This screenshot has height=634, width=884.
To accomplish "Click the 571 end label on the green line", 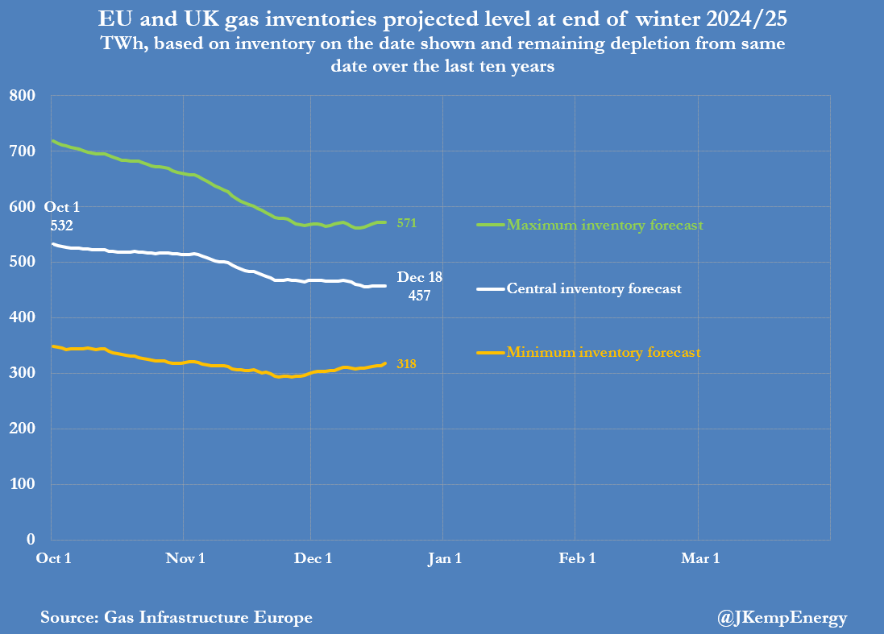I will [407, 223].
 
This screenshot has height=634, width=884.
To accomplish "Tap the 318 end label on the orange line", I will [407, 365].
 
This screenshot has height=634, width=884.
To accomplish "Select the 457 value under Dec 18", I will [419, 296].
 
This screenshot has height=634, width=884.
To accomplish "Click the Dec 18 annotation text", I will [421, 277].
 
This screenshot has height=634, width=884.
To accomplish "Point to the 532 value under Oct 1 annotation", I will [61, 226].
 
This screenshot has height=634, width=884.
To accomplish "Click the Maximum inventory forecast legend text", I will [604, 225].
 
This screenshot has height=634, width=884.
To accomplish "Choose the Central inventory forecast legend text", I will [593, 288].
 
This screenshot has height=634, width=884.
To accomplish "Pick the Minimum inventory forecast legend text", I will [603, 352].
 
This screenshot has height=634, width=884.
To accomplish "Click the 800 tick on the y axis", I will [23, 96].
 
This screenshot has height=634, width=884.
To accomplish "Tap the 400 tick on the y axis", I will [23, 318].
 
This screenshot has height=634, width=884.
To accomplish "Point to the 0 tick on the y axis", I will [31, 540].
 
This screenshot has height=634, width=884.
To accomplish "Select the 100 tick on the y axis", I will [23, 484].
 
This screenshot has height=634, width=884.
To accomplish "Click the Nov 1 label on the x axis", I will [185, 559].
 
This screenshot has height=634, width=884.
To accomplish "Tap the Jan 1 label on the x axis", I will [445, 559].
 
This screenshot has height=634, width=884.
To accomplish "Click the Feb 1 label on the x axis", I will [577, 559].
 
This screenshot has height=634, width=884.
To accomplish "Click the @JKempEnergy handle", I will [782, 618].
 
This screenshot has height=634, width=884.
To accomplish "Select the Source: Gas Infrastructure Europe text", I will [176, 618].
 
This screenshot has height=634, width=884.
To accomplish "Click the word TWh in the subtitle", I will [119, 44].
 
